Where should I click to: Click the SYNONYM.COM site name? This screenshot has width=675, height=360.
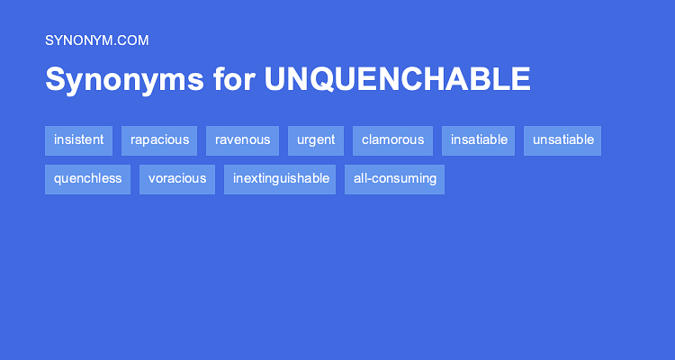(96, 40)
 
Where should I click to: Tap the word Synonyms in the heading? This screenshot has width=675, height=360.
(124, 79)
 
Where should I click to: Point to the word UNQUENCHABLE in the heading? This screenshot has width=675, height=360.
(397, 79)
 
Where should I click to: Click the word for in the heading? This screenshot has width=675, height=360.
(234, 79)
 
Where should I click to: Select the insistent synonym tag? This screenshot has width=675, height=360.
(78, 139)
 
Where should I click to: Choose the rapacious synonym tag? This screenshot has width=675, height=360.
(159, 139)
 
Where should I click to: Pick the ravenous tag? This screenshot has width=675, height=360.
(242, 139)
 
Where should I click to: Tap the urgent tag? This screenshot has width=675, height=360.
(316, 139)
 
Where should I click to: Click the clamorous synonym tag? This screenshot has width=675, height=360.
(392, 139)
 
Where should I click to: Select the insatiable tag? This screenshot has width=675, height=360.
(479, 139)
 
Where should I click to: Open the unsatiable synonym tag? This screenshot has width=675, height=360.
(562, 139)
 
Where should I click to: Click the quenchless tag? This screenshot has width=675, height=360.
(87, 178)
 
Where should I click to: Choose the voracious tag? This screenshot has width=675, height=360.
(177, 178)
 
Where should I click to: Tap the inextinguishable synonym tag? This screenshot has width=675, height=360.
(280, 178)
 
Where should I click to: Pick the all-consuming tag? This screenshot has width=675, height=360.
(395, 178)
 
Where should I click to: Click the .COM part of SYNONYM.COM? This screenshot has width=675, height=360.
(131, 40)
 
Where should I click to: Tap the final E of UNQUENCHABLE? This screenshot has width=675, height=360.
(521, 79)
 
